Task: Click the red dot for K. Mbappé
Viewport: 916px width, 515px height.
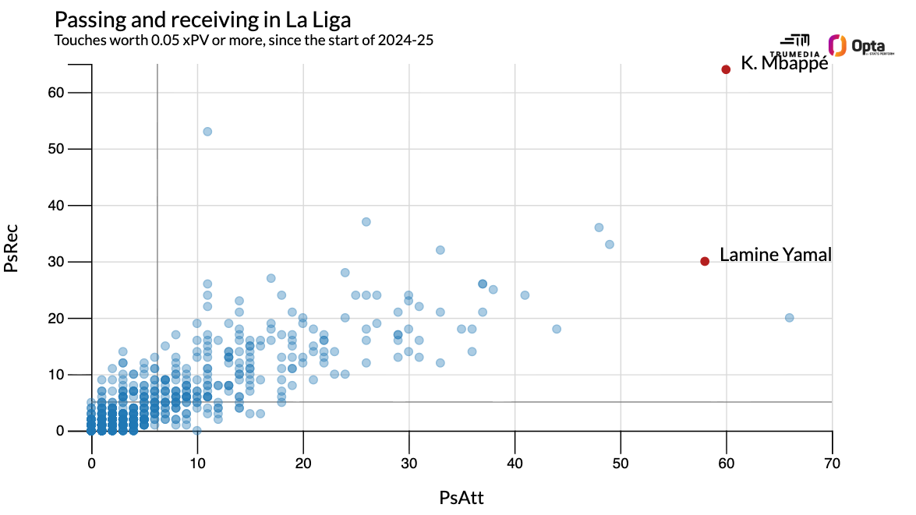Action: tap(726, 69)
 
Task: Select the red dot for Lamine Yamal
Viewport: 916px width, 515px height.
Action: tap(705, 261)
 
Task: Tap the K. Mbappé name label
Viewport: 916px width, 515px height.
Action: tap(784, 64)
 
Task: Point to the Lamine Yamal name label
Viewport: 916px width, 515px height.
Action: tap(775, 255)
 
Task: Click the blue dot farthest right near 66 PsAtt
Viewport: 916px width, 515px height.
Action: tap(789, 317)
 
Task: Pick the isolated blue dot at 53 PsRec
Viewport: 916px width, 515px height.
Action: tap(207, 131)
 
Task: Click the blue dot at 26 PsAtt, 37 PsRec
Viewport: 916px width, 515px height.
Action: tap(366, 221)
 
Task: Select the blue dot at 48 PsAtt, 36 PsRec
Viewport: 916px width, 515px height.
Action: tap(599, 228)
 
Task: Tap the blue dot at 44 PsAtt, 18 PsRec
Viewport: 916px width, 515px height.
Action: tap(557, 329)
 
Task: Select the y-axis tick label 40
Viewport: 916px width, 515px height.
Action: tap(75, 206)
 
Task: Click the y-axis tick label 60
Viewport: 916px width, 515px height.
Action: tap(75, 93)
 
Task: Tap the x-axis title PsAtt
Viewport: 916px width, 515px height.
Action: tap(462, 497)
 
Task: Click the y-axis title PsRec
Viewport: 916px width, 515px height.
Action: tap(12, 248)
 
